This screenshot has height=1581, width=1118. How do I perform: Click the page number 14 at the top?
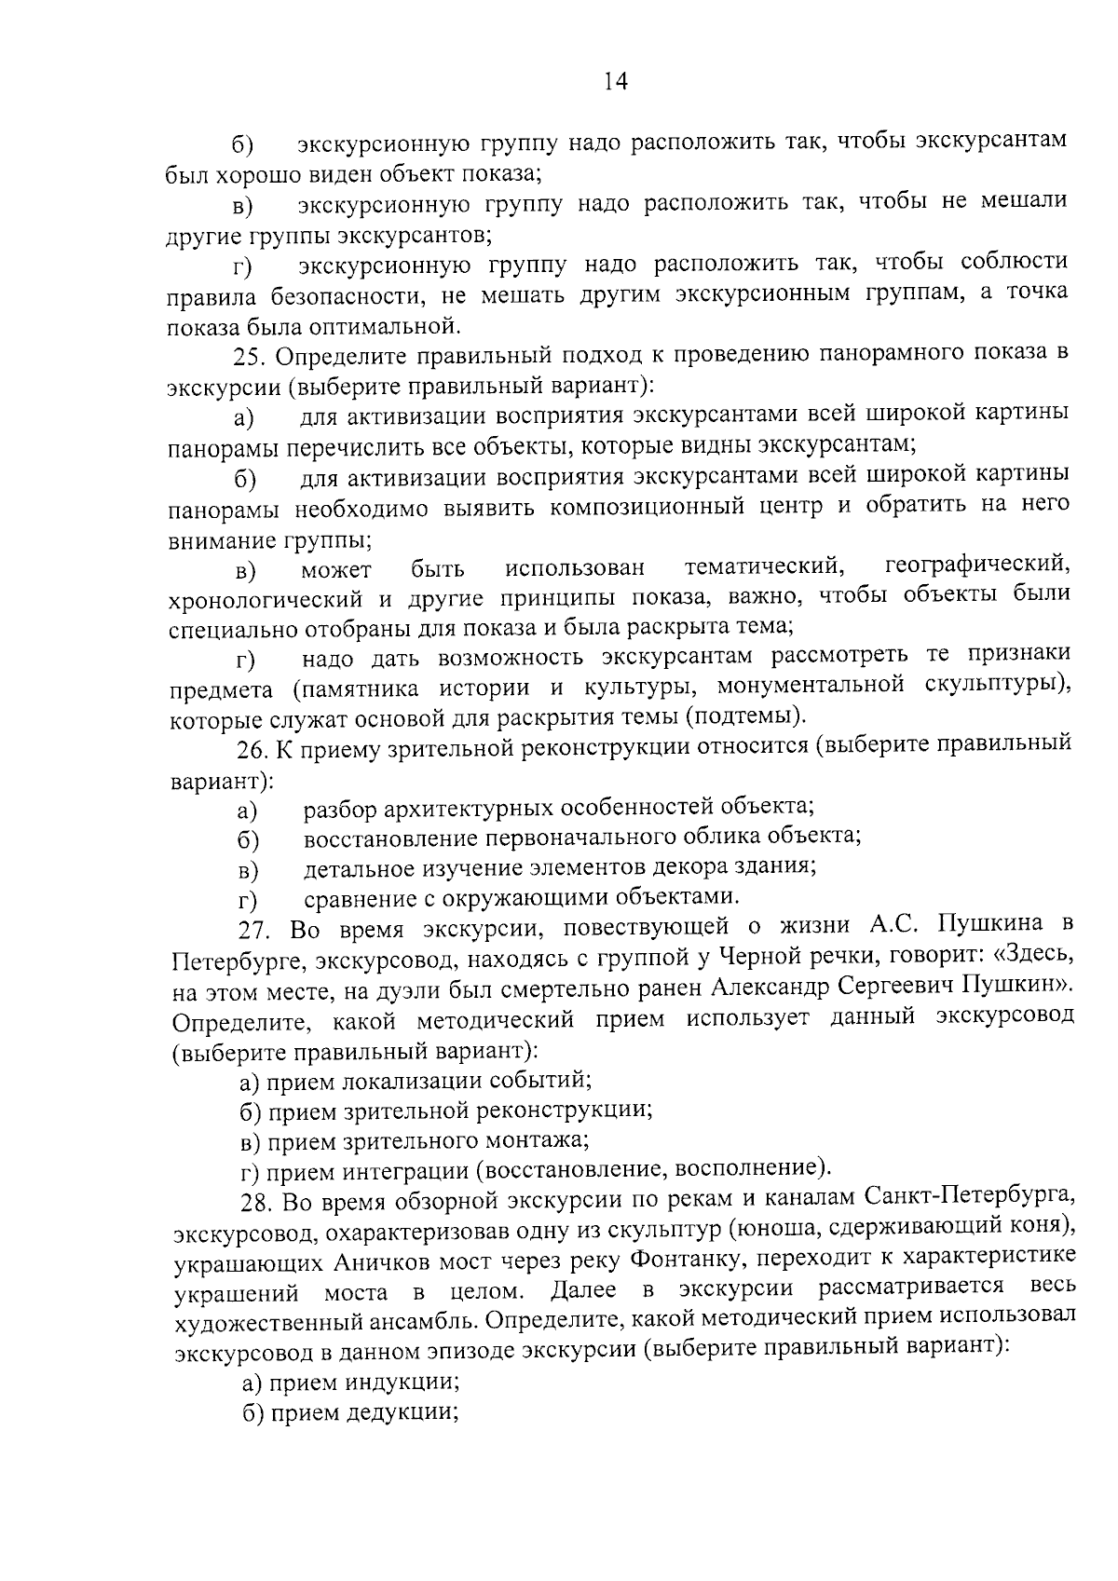point(616,81)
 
